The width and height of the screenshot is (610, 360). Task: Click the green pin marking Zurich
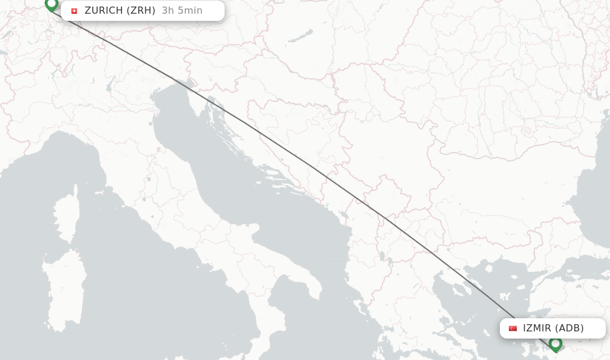(x=51, y=4)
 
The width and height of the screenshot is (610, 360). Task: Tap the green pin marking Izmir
(x=555, y=343)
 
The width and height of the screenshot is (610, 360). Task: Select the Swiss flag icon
(x=74, y=11)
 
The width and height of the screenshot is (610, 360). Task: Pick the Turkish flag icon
(x=512, y=328)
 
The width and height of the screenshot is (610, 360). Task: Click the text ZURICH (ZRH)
(x=120, y=11)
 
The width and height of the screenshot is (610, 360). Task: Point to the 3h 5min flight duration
(x=182, y=11)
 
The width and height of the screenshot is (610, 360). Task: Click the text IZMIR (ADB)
(x=553, y=328)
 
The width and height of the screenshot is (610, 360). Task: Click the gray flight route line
(x=310, y=166)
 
